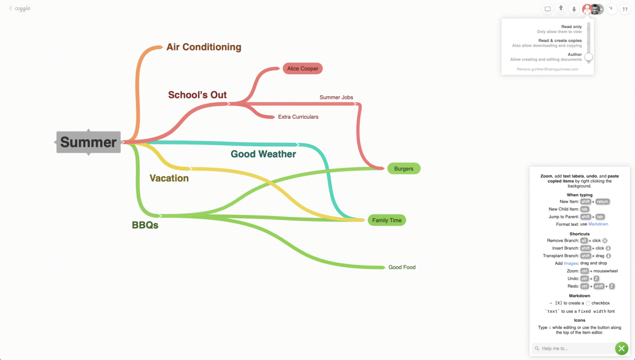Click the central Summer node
(x=88, y=142)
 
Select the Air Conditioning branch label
(x=204, y=47)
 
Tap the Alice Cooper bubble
(x=303, y=68)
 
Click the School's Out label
(x=197, y=95)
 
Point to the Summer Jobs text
(x=336, y=97)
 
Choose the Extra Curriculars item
(x=298, y=117)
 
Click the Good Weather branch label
(x=263, y=154)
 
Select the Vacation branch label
(x=169, y=178)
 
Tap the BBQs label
(x=145, y=225)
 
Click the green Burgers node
(x=404, y=169)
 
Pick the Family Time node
(x=387, y=220)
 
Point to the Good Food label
(x=402, y=268)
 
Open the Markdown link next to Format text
(x=598, y=224)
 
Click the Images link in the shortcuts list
(x=571, y=263)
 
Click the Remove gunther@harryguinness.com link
(x=547, y=69)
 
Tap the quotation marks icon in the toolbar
(x=625, y=9)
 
